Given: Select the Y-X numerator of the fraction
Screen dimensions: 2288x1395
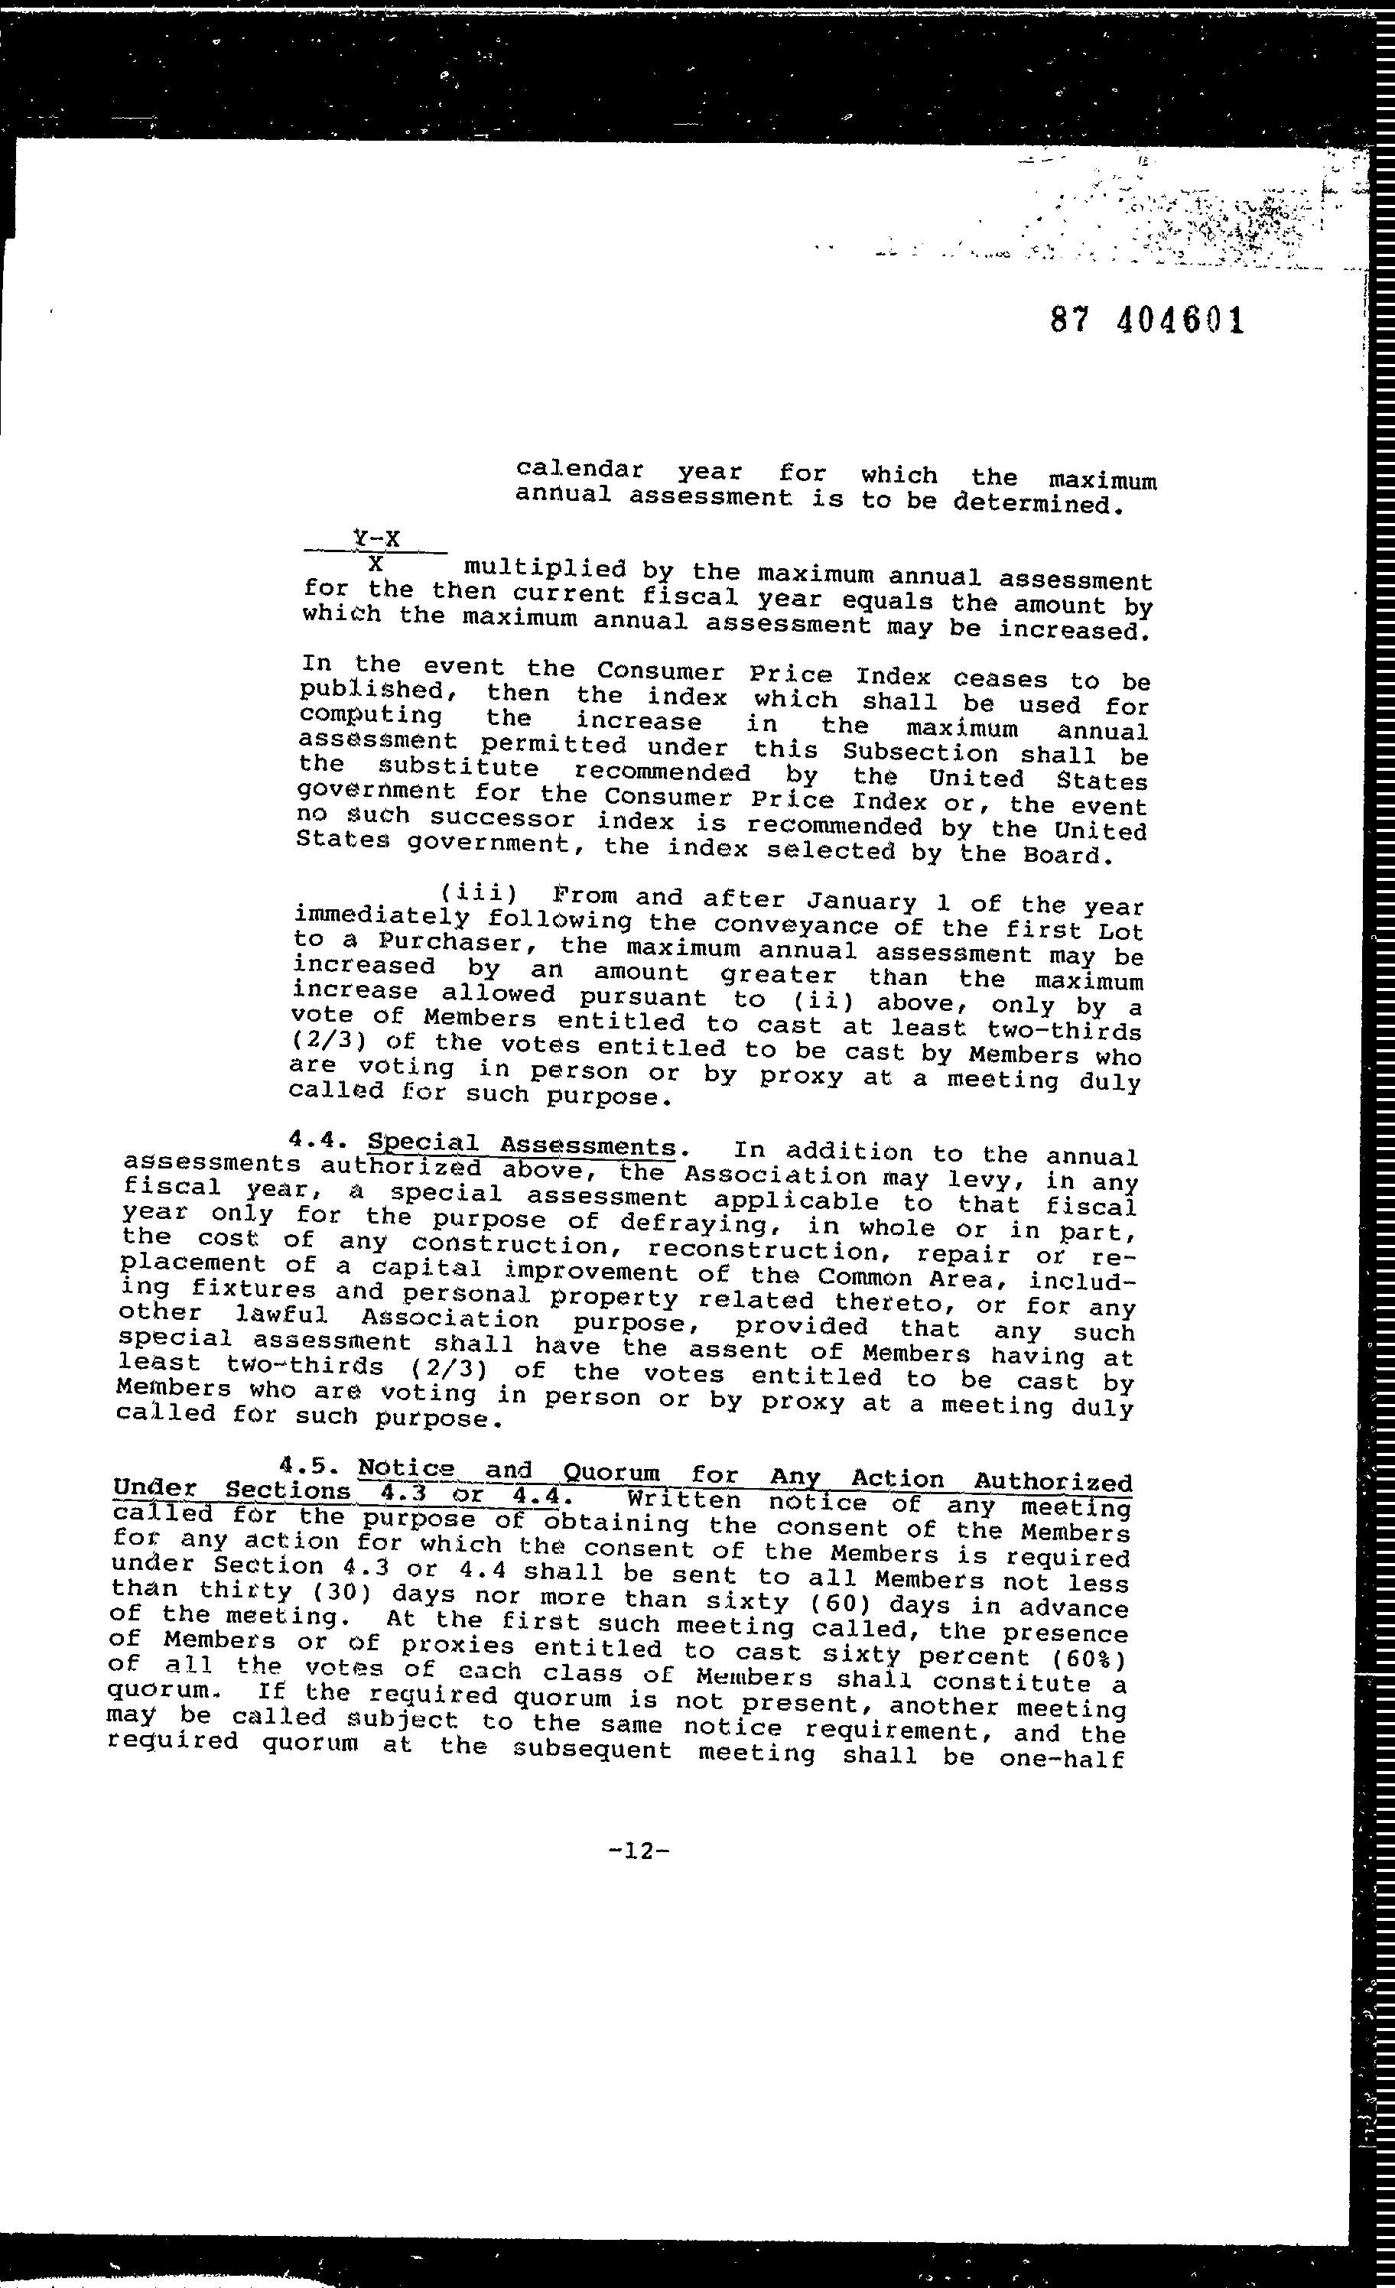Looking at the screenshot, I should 376,538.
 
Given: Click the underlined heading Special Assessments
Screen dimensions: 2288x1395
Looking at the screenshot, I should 521,1145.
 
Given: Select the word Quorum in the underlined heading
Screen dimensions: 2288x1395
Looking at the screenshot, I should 611,1472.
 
